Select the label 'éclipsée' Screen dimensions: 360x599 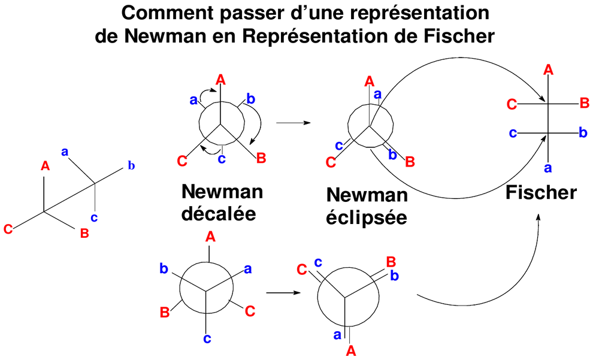[x=367, y=217]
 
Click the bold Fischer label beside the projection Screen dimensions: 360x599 [x=541, y=192]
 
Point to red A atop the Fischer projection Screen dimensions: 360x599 [x=547, y=70]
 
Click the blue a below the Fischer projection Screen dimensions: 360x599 [x=547, y=167]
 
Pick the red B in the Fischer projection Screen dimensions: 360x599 [x=584, y=104]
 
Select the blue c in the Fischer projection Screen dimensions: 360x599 [x=513, y=132]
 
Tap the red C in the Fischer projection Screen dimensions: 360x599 [x=512, y=105]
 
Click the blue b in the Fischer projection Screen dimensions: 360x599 [x=583, y=132]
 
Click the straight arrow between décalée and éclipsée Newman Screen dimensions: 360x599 [x=293, y=123]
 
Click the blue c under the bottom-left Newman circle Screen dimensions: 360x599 [x=207, y=339]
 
